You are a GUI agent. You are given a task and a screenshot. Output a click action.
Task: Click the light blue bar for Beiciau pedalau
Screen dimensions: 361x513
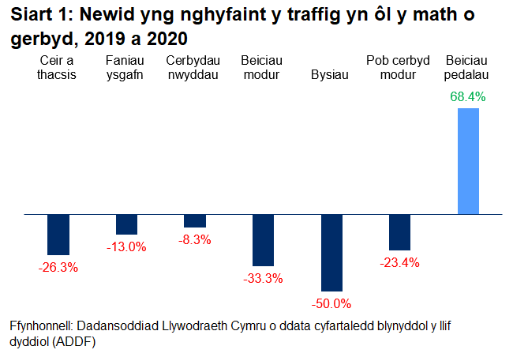click(x=468, y=160)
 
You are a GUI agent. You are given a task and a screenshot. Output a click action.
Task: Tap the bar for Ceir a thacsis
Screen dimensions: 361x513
click(x=58, y=234)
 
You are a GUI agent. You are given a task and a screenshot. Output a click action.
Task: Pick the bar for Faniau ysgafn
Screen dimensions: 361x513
click(x=126, y=224)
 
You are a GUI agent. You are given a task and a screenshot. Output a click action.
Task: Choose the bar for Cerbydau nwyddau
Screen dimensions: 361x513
click(x=195, y=220)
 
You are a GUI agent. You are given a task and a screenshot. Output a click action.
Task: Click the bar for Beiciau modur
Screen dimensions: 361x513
click(x=263, y=240)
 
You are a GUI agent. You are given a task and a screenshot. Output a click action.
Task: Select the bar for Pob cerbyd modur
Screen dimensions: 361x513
click(x=399, y=232)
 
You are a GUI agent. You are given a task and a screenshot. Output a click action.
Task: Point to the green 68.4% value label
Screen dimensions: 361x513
click(x=467, y=97)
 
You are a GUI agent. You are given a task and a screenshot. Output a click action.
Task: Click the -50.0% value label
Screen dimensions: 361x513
click(x=331, y=303)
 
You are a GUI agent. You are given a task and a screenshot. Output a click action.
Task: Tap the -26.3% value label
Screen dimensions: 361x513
click(x=58, y=267)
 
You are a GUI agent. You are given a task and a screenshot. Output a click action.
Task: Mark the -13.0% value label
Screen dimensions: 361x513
click(x=126, y=246)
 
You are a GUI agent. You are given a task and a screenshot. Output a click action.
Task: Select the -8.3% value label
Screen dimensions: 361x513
click(x=195, y=239)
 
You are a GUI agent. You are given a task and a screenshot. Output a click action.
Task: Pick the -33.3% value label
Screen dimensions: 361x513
click(x=263, y=278)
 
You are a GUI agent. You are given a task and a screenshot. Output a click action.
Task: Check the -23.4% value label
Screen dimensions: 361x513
click(x=399, y=262)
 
